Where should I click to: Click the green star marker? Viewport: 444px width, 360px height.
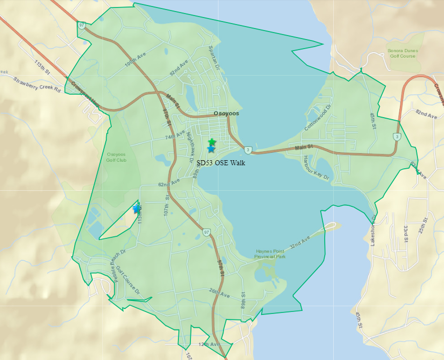[x=212, y=142]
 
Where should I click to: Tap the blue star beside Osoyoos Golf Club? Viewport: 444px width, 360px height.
[x=136, y=208]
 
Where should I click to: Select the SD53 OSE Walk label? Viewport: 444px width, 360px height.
[x=221, y=163]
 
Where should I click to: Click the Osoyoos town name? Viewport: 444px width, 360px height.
[x=227, y=114]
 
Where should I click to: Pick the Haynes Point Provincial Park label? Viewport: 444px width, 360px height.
[x=271, y=254]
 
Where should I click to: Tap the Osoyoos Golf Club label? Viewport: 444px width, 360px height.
[x=116, y=158]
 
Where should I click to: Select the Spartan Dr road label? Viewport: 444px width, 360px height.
[x=214, y=57]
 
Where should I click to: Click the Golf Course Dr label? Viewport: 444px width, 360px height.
[x=128, y=280]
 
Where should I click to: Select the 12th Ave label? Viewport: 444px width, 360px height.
[x=209, y=344]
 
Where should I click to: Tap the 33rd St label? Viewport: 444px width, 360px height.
[x=406, y=234]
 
